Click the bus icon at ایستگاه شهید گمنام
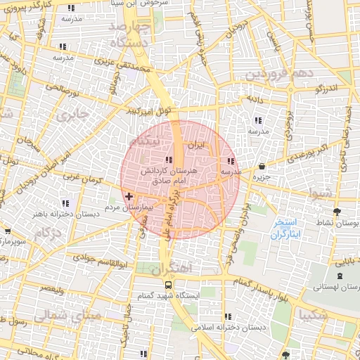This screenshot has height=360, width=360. tap(168, 285)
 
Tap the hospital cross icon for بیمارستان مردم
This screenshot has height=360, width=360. tap(128, 197)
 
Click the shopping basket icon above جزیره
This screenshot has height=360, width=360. tap(262, 167)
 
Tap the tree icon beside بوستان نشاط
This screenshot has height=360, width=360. tap(337, 211)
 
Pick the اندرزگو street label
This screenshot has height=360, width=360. tap(327, 89)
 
